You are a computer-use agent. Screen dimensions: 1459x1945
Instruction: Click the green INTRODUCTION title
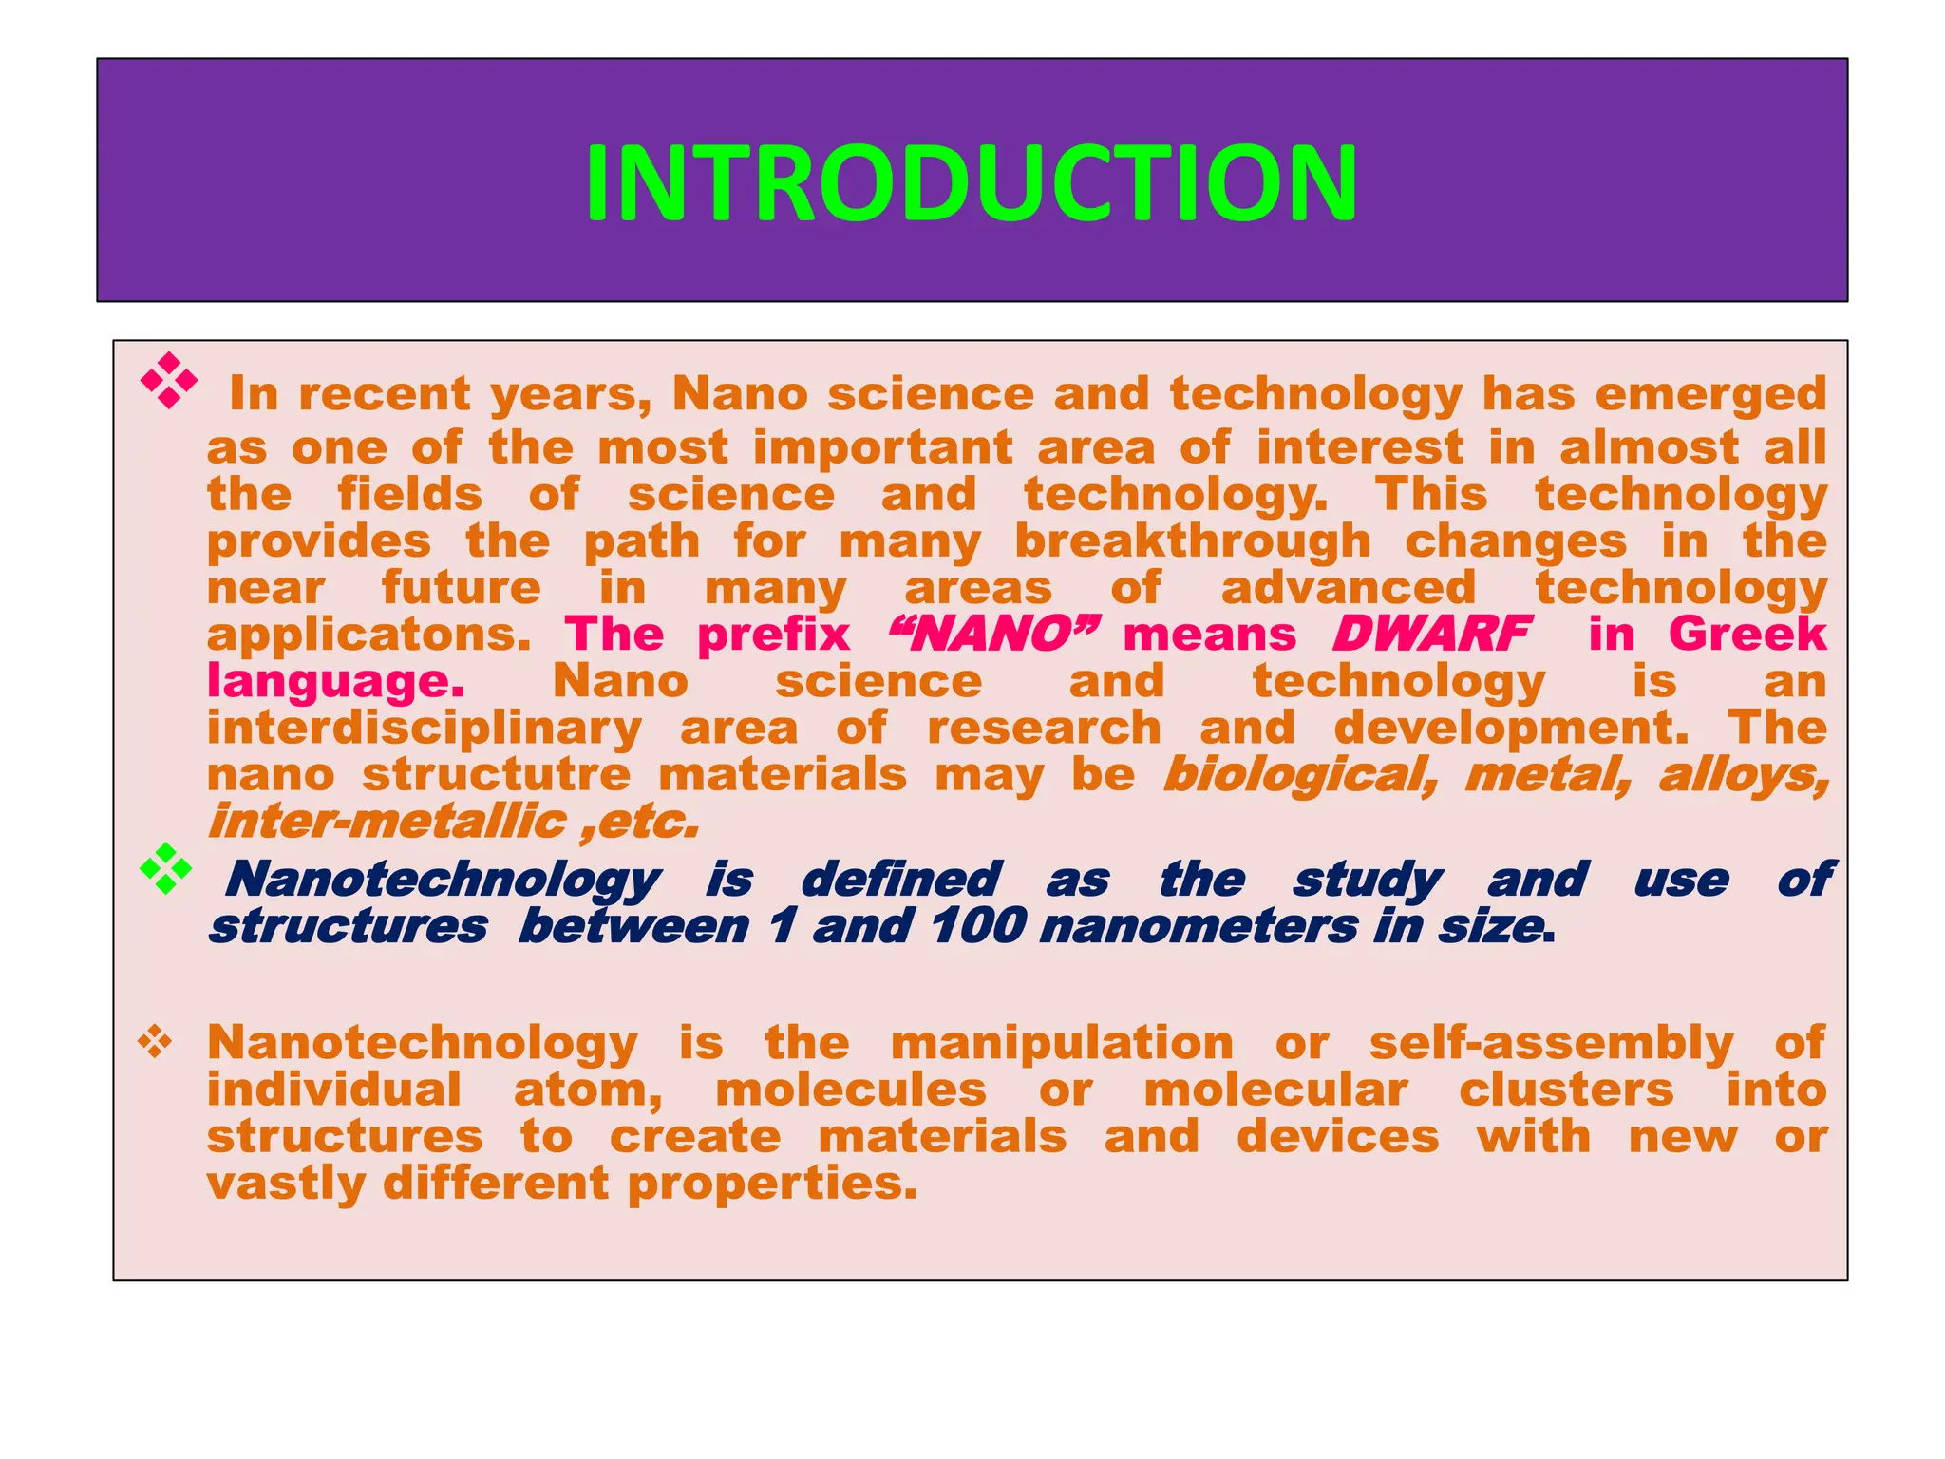click(972, 182)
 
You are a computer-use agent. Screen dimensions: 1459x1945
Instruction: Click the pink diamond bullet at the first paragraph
click(169, 381)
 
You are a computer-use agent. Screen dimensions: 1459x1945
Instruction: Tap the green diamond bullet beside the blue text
click(166, 868)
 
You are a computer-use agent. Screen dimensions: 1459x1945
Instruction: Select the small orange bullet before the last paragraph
click(155, 1043)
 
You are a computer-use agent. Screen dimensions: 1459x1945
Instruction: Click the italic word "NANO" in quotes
click(991, 634)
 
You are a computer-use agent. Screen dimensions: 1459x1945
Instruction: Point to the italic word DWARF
click(1431, 634)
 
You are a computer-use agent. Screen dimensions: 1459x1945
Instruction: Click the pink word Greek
click(1747, 634)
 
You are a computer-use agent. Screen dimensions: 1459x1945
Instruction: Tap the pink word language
click(335, 682)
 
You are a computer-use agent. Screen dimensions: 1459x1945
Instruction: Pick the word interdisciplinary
click(425, 729)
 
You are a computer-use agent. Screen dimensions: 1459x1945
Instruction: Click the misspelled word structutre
click(496, 774)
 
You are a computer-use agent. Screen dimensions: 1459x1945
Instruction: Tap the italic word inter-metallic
click(387, 822)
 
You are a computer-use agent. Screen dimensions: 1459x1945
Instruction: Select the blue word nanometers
click(1199, 926)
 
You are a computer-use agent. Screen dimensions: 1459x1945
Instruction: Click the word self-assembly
click(1552, 1044)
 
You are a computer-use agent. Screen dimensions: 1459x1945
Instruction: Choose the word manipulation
click(1062, 1043)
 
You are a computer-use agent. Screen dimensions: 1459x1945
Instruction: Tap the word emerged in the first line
click(1710, 394)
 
